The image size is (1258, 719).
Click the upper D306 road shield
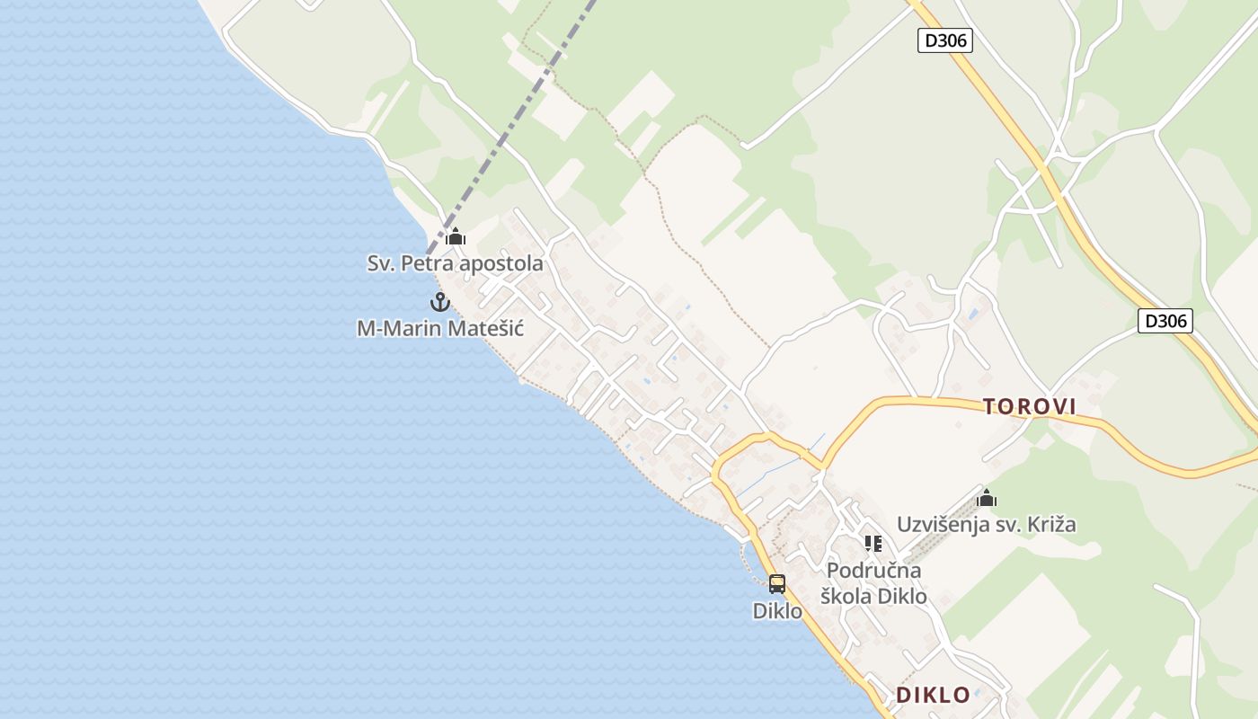click(x=944, y=40)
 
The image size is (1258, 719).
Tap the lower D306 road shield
click(x=1165, y=321)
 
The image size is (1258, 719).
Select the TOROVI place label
click(x=1029, y=407)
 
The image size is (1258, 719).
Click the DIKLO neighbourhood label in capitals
click(x=933, y=695)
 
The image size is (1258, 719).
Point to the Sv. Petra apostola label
click(x=455, y=263)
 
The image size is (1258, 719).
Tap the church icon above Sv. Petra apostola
click(x=456, y=237)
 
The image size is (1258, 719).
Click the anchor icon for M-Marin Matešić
click(x=439, y=302)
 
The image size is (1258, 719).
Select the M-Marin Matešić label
click(x=439, y=328)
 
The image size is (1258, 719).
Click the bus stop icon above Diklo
click(x=777, y=583)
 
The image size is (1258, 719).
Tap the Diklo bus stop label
click(x=777, y=611)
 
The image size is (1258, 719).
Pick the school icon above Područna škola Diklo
click(x=873, y=543)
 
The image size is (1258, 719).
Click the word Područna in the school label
click(x=873, y=571)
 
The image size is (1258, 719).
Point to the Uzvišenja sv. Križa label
click(x=986, y=524)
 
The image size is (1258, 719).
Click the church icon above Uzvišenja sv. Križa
click(x=987, y=498)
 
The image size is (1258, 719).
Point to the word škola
click(x=846, y=596)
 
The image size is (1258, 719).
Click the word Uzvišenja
click(x=943, y=524)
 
